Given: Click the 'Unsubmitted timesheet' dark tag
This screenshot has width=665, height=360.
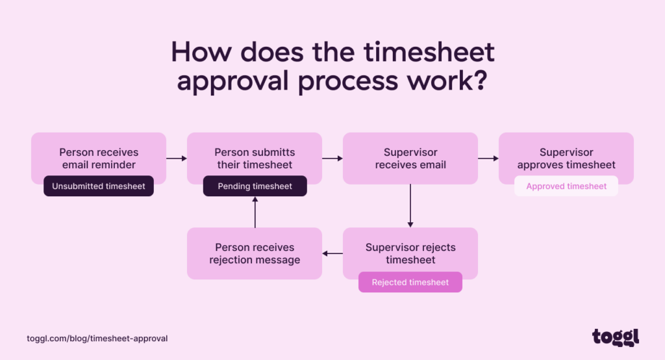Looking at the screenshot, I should pyautogui.click(x=99, y=186).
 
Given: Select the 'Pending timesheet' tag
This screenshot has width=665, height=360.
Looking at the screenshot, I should pyautogui.click(x=255, y=186).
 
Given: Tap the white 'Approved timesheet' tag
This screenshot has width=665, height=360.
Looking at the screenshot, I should pyautogui.click(x=566, y=186).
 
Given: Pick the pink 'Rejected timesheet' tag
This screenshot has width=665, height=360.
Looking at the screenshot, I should pyautogui.click(x=410, y=283).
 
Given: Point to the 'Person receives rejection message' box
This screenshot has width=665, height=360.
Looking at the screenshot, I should pyautogui.click(x=255, y=253).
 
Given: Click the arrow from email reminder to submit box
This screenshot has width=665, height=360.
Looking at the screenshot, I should pyautogui.click(x=176, y=158).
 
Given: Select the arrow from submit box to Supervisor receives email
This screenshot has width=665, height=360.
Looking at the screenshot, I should pyautogui.click(x=332, y=158).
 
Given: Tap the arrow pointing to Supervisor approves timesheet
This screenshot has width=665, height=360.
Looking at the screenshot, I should pyautogui.click(x=488, y=158).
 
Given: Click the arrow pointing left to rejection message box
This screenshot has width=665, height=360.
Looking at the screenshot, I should pyautogui.click(x=332, y=253).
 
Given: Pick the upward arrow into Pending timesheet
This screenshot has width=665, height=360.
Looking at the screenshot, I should pyautogui.click(x=255, y=212).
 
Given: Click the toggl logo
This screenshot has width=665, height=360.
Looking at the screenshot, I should pyautogui.click(x=616, y=337).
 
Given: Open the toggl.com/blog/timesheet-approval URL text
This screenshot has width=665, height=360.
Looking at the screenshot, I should pyautogui.click(x=97, y=339).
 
